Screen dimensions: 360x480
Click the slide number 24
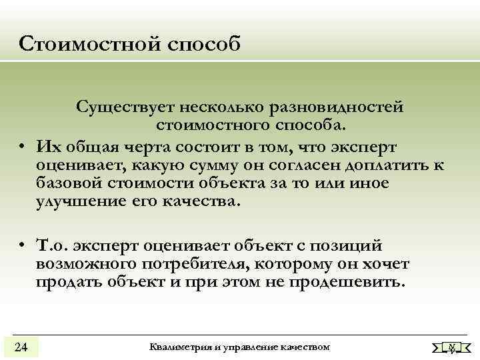coord(21,347)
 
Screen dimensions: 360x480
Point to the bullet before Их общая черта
coord(23,146)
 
